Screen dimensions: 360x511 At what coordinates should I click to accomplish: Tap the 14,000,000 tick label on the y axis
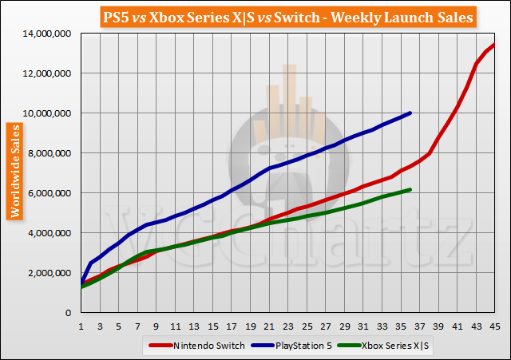click(x=49, y=34)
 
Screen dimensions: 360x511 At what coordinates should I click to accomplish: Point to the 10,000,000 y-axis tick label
click(x=49, y=113)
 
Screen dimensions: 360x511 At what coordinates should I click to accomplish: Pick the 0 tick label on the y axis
click(x=70, y=313)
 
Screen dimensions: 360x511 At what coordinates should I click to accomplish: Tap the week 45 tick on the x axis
click(x=494, y=326)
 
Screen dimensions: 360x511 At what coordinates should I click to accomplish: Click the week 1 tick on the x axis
click(x=81, y=326)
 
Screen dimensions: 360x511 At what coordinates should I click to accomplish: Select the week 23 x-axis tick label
click(x=288, y=326)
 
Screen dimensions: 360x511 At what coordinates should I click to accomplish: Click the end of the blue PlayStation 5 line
click(x=410, y=113)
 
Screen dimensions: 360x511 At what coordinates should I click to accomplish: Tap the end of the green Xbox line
click(x=410, y=190)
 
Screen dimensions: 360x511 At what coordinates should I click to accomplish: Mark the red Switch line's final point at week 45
click(x=494, y=45)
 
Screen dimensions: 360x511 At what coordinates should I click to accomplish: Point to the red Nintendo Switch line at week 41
click(x=457, y=107)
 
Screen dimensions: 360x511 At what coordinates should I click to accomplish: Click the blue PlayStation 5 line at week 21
click(x=269, y=168)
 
